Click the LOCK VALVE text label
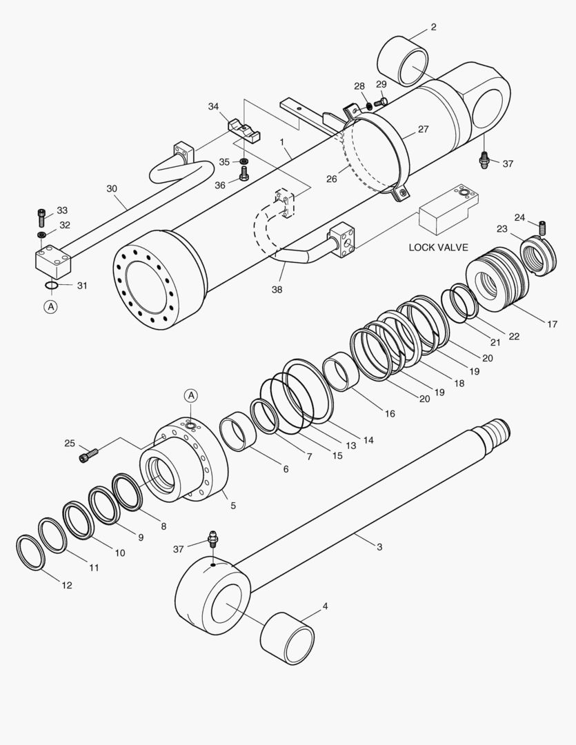(438, 247)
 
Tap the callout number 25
(70, 443)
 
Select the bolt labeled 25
(89, 455)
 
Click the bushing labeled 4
(288, 637)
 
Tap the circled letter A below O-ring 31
(50, 308)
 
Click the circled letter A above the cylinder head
(191, 395)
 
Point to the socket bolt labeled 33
(42, 218)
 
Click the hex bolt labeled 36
(244, 175)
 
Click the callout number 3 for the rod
(379, 546)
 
